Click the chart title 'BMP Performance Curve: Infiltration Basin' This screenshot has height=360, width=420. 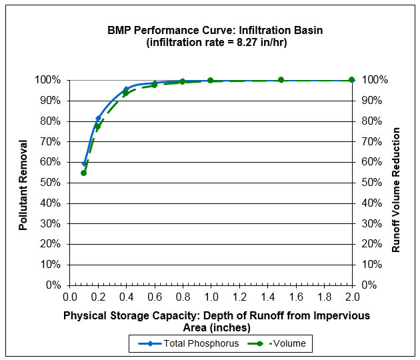(211, 31)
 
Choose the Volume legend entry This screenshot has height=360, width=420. (273, 344)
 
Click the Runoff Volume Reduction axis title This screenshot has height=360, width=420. (396, 182)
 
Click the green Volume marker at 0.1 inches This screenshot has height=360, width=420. (84, 173)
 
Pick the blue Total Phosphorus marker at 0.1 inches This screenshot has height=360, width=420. (84, 163)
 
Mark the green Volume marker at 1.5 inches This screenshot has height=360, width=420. (281, 80)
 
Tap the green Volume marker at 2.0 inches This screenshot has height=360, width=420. (352, 80)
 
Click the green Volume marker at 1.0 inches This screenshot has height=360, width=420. (211, 81)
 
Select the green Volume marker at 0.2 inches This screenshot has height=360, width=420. (98, 126)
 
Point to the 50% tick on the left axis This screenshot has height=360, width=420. (51, 183)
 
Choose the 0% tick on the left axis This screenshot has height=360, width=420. (53, 285)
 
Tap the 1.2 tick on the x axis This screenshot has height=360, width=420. (239, 297)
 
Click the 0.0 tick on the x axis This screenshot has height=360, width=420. (70, 297)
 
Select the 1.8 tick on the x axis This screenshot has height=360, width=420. (323, 297)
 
